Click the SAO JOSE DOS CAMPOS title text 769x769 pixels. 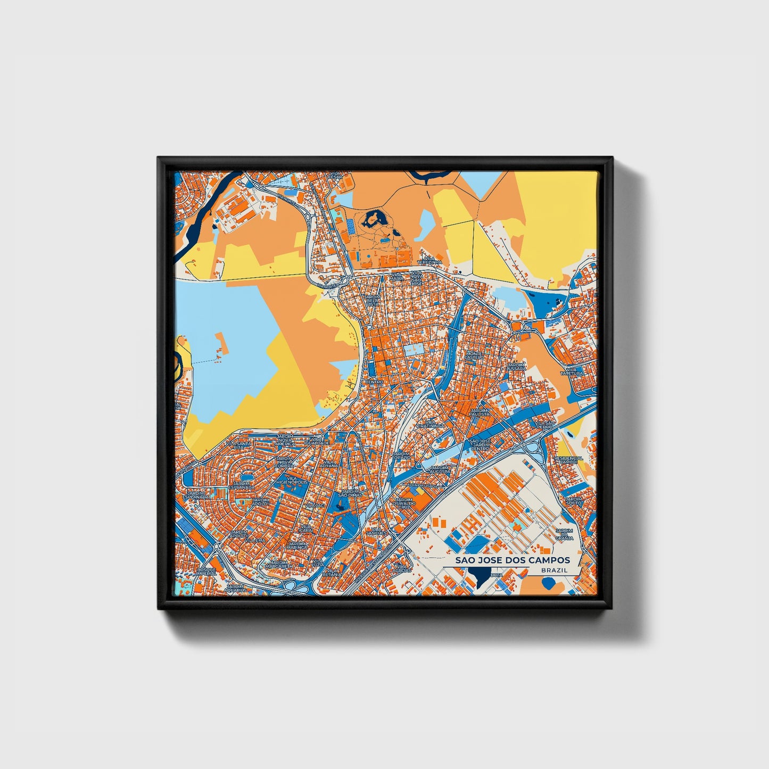pyautogui.click(x=512, y=560)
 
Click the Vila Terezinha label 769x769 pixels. pyautogui.click(x=429, y=260)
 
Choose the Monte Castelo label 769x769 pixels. pyautogui.click(x=474, y=355)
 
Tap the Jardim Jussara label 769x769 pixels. pyautogui.click(x=516, y=366)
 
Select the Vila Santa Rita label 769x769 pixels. pyautogui.click(x=239, y=445)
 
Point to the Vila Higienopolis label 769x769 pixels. pyautogui.click(x=291, y=481)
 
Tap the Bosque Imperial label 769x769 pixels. pyautogui.click(x=206, y=571)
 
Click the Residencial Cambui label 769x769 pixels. pyautogui.click(x=569, y=460)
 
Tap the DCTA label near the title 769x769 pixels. pyautogui.click(x=497, y=575)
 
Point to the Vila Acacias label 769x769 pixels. pyautogui.click(x=403, y=568)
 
